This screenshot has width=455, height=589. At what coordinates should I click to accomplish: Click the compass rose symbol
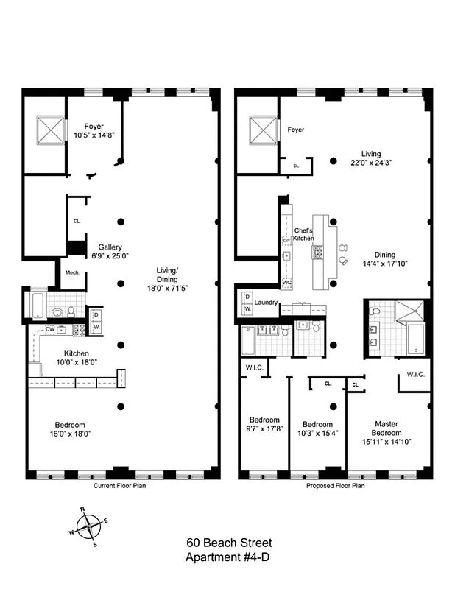88,525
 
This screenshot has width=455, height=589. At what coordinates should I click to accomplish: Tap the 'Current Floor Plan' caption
122,487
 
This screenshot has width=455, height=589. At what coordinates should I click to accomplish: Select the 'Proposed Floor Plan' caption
335,487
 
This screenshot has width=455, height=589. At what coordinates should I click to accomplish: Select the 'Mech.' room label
72,272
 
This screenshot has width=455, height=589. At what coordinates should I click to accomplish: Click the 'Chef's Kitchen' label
304,234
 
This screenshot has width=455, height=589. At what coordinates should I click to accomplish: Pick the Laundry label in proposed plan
265,303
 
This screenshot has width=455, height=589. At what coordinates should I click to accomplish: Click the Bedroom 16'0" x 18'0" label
71,430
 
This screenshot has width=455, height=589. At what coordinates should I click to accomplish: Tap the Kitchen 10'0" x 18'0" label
73,358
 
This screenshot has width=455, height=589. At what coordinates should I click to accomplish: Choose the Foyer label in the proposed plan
295,130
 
